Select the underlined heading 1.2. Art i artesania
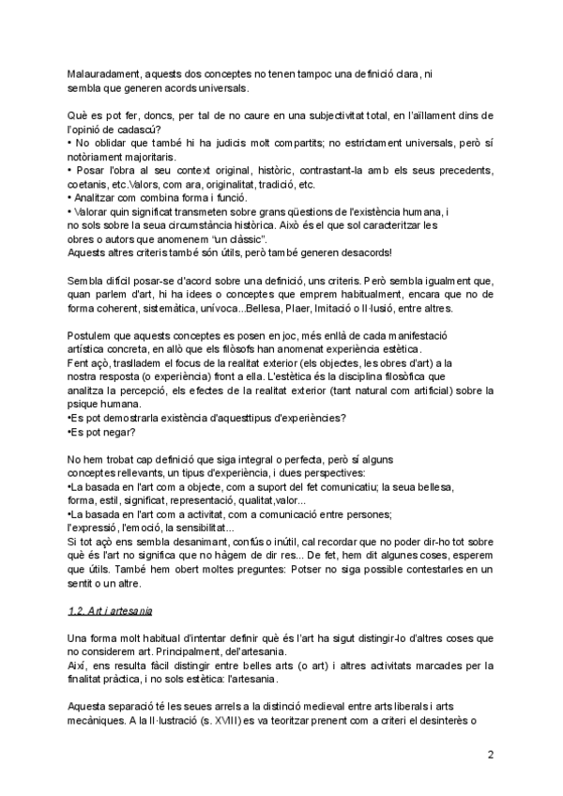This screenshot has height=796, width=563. point(116,610)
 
